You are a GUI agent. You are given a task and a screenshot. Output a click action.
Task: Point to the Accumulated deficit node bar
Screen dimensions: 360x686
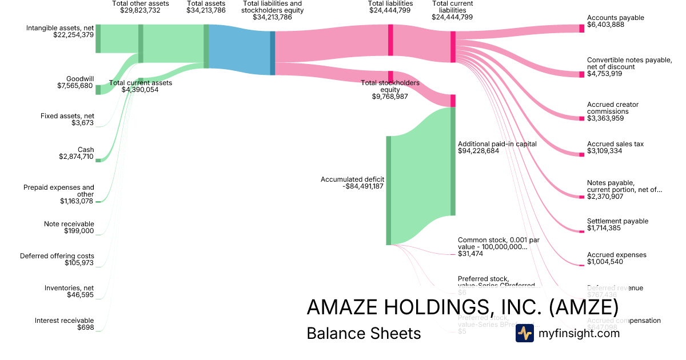[388, 190]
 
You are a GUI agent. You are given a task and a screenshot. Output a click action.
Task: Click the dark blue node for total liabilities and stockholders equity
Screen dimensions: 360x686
[273, 53]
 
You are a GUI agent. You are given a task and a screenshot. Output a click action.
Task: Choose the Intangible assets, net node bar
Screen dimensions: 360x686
[98, 39]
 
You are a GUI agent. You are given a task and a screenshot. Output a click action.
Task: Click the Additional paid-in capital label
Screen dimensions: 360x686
[497, 144]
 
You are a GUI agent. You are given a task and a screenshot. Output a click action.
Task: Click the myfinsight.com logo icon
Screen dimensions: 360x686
[524, 333]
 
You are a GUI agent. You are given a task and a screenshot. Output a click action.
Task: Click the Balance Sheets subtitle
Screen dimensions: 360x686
[364, 333]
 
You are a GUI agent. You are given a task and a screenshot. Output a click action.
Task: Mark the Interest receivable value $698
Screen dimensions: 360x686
[86, 327]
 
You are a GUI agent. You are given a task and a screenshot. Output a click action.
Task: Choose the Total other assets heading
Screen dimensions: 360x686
[141, 3]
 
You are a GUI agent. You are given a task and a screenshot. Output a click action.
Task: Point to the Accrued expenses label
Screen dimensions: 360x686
[616, 255]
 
